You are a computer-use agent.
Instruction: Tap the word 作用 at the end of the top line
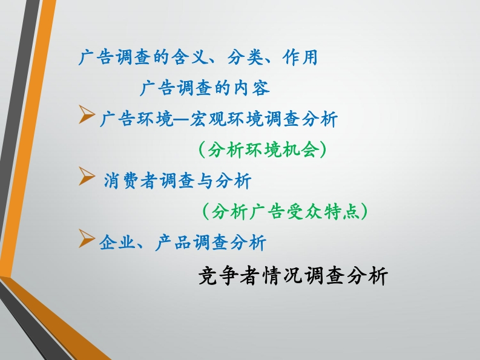point(300,57)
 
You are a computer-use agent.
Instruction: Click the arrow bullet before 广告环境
point(87,114)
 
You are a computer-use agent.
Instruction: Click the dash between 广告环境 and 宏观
point(182,119)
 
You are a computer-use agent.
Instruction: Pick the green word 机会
point(301,149)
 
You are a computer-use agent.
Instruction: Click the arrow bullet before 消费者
point(87,176)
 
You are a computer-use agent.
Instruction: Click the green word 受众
point(305,212)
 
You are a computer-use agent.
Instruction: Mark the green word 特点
point(342,212)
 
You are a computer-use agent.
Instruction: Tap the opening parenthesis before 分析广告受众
point(206,212)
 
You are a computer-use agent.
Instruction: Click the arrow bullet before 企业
point(87,238)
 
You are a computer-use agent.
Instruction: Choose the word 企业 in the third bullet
point(117,243)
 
